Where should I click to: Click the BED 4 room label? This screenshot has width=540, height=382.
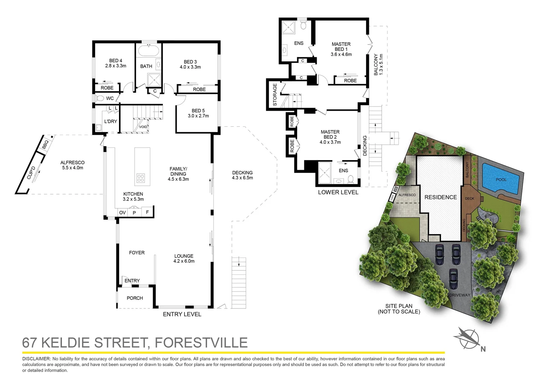pyautogui.click(x=116, y=61)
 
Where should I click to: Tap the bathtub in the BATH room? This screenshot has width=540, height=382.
pyautogui.click(x=149, y=50)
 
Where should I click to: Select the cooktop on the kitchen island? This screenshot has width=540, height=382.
pyautogui.click(x=140, y=178)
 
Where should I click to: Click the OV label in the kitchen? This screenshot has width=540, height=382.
pyautogui.click(x=122, y=213)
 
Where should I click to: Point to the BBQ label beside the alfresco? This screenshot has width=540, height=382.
pyautogui.click(x=45, y=144)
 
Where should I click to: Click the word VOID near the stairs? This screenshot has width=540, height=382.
pyautogui.click(x=143, y=127)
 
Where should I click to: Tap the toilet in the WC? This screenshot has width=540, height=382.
pyautogui.click(x=99, y=98)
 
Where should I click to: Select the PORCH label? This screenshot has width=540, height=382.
pyautogui.click(x=135, y=298)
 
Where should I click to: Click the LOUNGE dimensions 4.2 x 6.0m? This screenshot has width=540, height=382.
pyautogui.click(x=184, y=261)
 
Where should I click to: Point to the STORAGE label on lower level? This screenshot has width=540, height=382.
pyautogui.click(x=275, y=94)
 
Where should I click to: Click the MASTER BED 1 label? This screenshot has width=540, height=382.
pyautogui.click(x=341, y=47)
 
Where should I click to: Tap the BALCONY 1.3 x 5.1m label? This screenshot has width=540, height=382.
pyautogui.click(x=378, y=64)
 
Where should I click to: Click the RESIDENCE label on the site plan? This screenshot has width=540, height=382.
pyautogui.click(x=440, y=197)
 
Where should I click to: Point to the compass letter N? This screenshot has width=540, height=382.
pyautogui.click(x=483, y=349)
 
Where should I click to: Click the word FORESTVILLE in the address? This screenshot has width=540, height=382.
pyautogui.click(x=201, y=343)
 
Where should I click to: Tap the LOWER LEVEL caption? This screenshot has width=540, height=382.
pyautogui.click(x=338, y=192)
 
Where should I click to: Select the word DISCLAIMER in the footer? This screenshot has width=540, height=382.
pyautogui.click(x=36, y=359)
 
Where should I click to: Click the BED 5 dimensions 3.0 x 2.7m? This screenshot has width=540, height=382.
pyautogui.click(x=198, y=116)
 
